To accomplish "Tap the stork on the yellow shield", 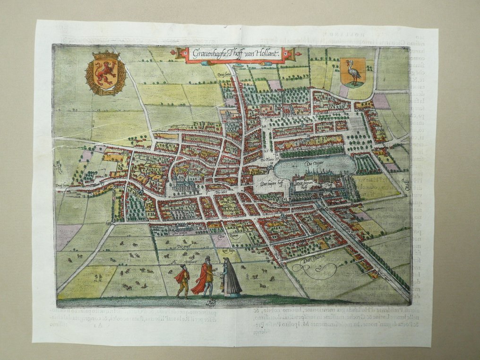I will click(x=353, y=72).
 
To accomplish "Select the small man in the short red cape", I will click(x=183, y=281).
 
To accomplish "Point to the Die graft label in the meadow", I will click(x=183, y=246).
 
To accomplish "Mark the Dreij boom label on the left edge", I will click(x=62, y=186).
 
